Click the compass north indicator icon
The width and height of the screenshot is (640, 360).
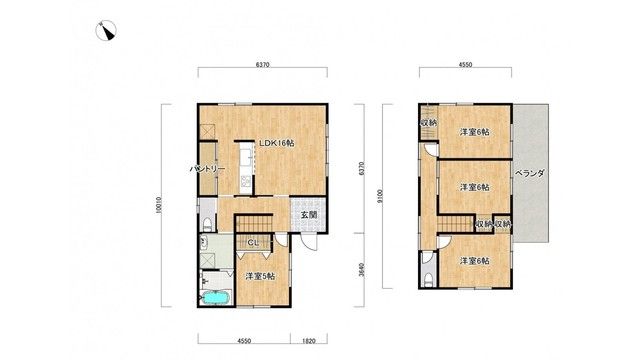106,31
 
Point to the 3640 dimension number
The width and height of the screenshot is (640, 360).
361,270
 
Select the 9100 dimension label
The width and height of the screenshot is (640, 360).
380,197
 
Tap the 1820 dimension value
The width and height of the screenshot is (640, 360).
309,341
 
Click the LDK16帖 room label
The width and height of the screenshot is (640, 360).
277,143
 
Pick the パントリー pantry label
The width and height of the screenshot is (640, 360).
207,169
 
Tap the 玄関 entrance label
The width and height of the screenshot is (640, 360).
309,215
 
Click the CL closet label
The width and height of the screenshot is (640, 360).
253,243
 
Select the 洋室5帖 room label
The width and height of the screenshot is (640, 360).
260,276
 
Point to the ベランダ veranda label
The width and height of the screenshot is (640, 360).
529,173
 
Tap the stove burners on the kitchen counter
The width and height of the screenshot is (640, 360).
246,180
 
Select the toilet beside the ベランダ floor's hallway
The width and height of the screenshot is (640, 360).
428,280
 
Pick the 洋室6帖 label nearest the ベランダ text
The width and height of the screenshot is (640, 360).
475,187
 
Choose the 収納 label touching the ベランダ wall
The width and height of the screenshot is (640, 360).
503,224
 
